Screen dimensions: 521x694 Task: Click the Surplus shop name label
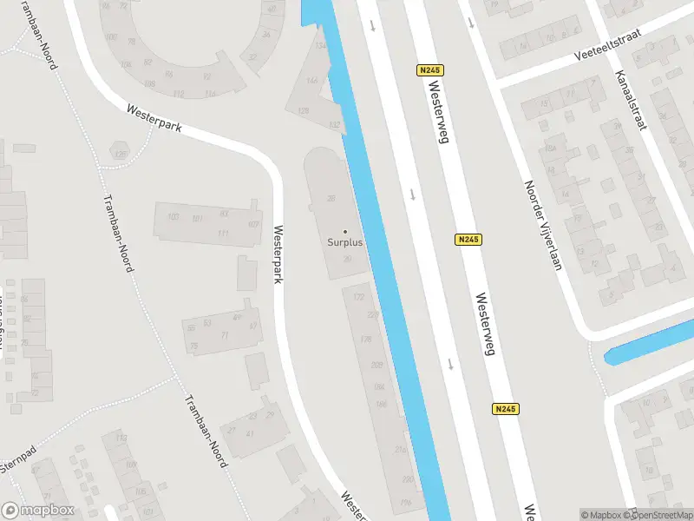click(x=345, y=242)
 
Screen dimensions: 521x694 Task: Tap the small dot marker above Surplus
click(x=345, y=231)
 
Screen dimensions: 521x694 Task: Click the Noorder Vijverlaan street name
click(x=543, y=225)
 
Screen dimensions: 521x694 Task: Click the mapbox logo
click(x=38, y=511)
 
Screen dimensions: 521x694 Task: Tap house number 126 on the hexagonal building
click(x=121, y=155)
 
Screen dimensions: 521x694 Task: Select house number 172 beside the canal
click(x=358, y=297)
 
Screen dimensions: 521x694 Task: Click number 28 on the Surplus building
click(x=331, y=199)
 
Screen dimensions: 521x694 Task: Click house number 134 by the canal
click(x=321, y=45)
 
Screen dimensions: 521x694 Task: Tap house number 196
click(x=406, y=503)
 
